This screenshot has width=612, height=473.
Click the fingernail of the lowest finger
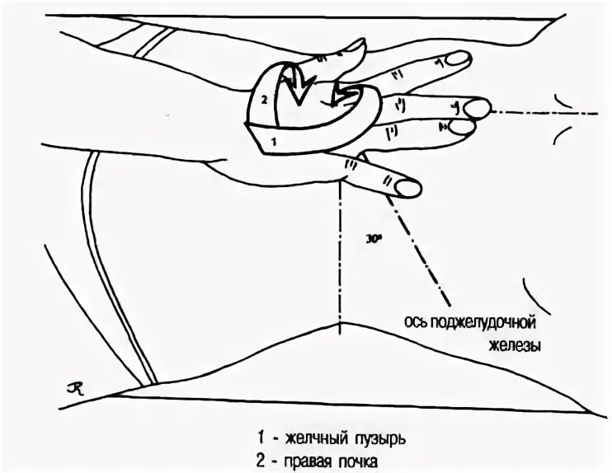[407, 188]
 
